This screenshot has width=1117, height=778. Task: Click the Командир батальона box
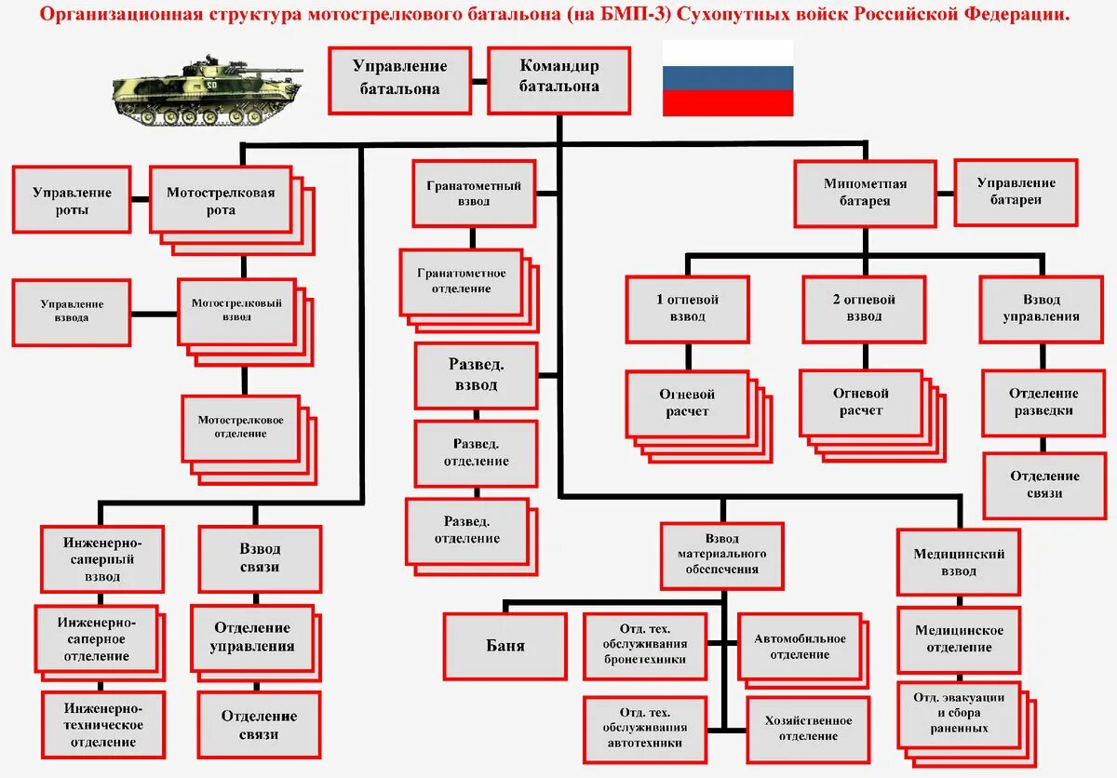pos(559,80)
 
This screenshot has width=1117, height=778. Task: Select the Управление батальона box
pos(399,80)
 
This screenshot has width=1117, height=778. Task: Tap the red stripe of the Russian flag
pos(728,103)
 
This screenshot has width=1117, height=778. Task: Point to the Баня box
pos(505,646)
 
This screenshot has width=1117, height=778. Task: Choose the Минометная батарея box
pos(865,193)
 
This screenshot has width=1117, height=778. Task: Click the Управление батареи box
pos(1016,192)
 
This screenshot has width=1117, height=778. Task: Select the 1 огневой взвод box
pos(688,308)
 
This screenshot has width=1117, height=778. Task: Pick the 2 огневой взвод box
pos(864,308)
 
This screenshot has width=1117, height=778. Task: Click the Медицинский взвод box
pos(959,562)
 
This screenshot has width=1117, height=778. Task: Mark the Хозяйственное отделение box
pos(808,728)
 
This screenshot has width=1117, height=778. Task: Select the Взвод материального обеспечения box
pos(722,555)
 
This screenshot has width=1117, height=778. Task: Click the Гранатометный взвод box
pos(475,193)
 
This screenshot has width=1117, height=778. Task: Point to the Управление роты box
pos(72,200)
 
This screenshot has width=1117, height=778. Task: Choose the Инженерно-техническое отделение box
pos(102,725)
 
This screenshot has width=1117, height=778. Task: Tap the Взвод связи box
pos(260,558)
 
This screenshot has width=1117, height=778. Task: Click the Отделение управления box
pos(253,637)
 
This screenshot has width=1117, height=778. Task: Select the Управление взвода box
pos(72,311)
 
